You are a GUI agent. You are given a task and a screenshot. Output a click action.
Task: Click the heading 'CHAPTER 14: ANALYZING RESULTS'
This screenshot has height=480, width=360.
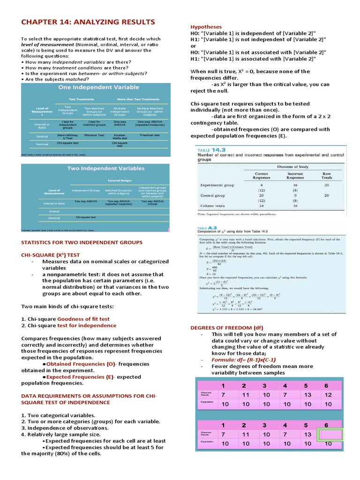coord(88,22)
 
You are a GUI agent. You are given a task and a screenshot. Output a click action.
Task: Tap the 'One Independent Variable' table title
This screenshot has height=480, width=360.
coord(98,87)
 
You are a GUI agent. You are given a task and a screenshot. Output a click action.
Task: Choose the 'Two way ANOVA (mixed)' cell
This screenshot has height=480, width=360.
coord(152,202)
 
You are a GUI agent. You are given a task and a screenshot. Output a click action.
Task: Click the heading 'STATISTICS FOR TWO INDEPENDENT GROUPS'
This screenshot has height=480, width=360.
coord(82,242)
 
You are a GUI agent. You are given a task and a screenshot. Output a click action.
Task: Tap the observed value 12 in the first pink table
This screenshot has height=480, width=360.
coord(328,395)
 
